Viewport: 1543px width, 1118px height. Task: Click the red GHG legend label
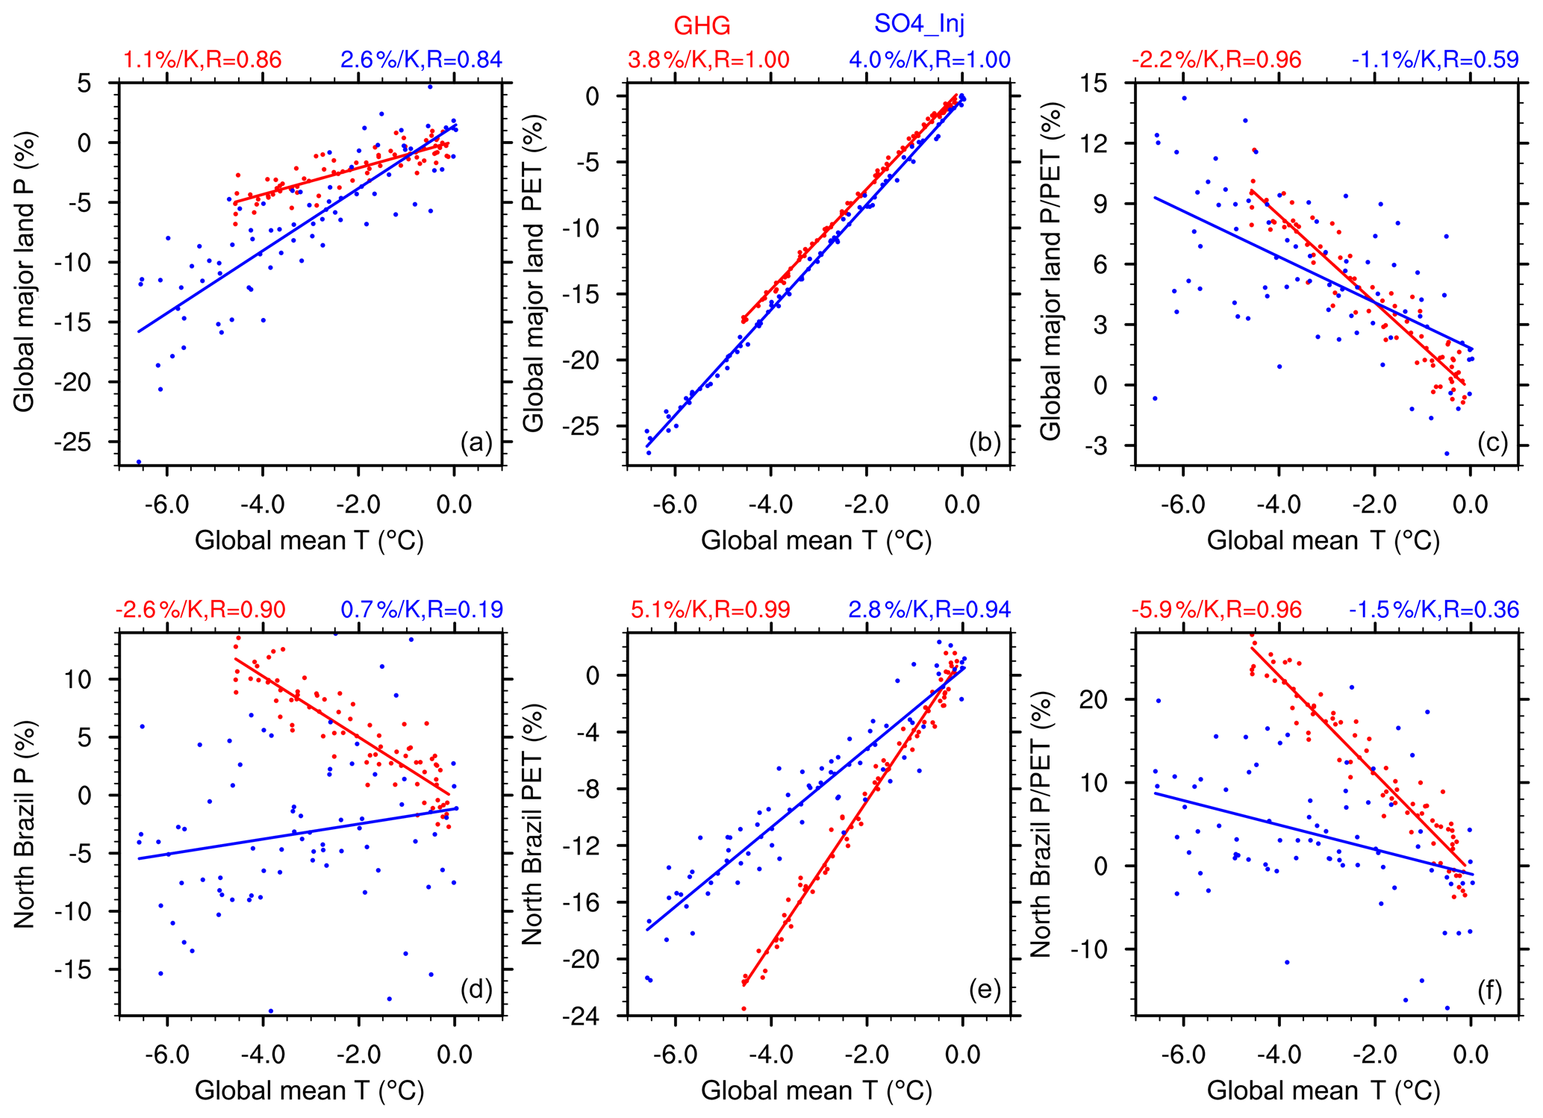click(x=702, y=26)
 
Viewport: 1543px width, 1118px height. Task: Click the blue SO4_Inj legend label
click(x=919, y=24)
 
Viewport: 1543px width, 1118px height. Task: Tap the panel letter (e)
click(x=984, y=990)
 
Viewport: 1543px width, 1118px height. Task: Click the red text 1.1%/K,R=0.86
click(x=202, y=60)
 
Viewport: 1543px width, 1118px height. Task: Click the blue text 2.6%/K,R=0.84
click(x=421, y=60)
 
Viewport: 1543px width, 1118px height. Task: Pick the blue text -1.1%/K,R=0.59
click(x=1434, y=60)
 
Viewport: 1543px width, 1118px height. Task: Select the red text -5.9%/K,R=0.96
click(x=1216, y=610)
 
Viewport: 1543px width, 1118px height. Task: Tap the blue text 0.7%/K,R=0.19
click(x=422, y=610)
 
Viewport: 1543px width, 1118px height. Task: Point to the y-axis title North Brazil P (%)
click(x=25, y=824)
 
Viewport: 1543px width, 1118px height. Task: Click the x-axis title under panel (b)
click(x=817, y=540)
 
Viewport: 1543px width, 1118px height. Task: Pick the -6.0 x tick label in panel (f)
click(x=1183, y=1055)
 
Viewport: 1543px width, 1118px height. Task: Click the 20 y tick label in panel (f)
click(x=1099, y=699)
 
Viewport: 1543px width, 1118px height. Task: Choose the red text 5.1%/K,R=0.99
click(x=710, y=610)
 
